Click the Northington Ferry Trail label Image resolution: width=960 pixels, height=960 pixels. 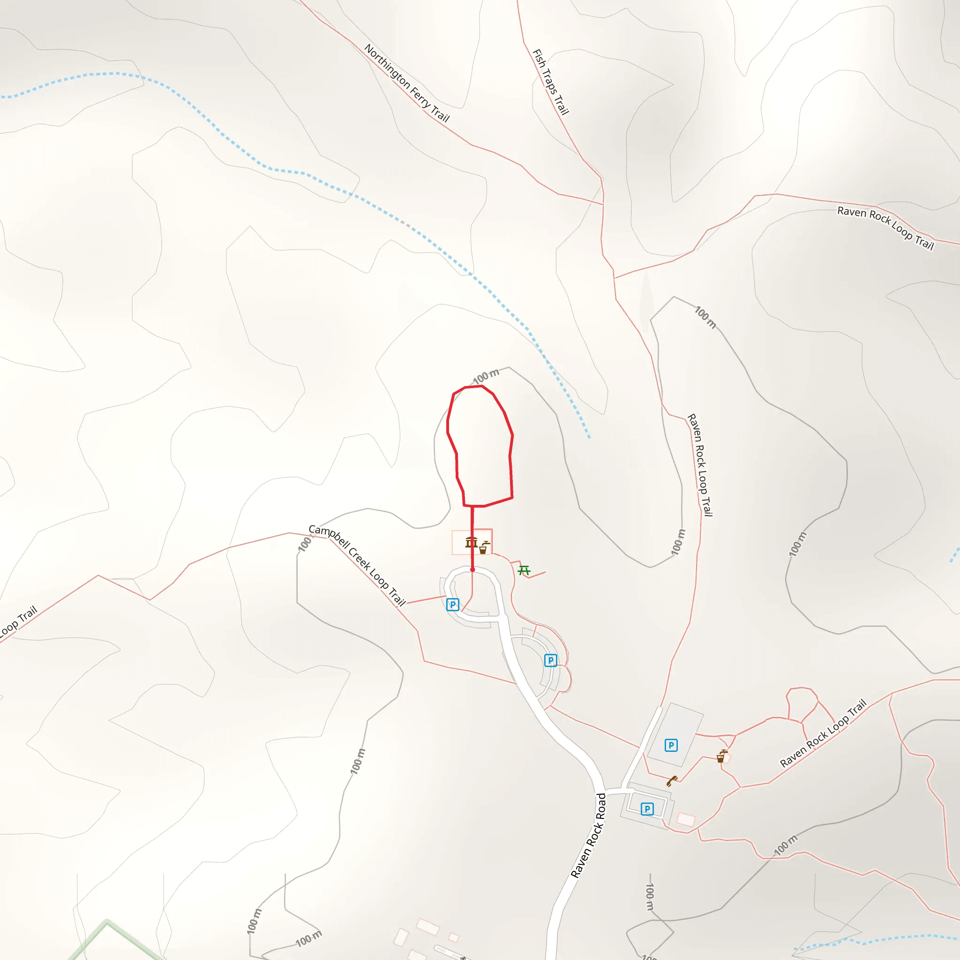[x=406, y=83]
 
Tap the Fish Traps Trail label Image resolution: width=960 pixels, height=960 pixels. [x=551, y=82]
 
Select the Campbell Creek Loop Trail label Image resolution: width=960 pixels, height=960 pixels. [x=357, y=565]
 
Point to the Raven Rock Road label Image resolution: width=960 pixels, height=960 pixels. [x=588, y=836]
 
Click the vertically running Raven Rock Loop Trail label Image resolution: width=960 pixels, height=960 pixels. [x=700, y=465]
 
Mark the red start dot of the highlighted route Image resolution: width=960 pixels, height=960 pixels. [x=472, y=570]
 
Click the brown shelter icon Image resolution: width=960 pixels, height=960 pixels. [x=471, y=542]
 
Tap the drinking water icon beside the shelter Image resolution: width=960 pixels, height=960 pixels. [x=483, y=547]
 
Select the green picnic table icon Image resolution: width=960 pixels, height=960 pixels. [x=524, y=570]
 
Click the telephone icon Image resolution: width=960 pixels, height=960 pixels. [x=671, y=781]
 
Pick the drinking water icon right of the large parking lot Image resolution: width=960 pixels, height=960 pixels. [x=721, y=757]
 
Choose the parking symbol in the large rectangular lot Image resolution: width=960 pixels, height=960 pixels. [x=671, y=745]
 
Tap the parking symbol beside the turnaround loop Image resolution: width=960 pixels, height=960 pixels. [x=452, y=605]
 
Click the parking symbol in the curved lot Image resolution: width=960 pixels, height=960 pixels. [x=550, y=660]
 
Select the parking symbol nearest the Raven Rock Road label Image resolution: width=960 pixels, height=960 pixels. [x=646, y=809]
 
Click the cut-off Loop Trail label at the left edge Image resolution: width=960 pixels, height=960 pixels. [x=18, y=622]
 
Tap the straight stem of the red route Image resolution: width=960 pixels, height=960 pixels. [x=472, y=537]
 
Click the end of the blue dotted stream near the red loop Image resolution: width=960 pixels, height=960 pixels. [x=589, y=437]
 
